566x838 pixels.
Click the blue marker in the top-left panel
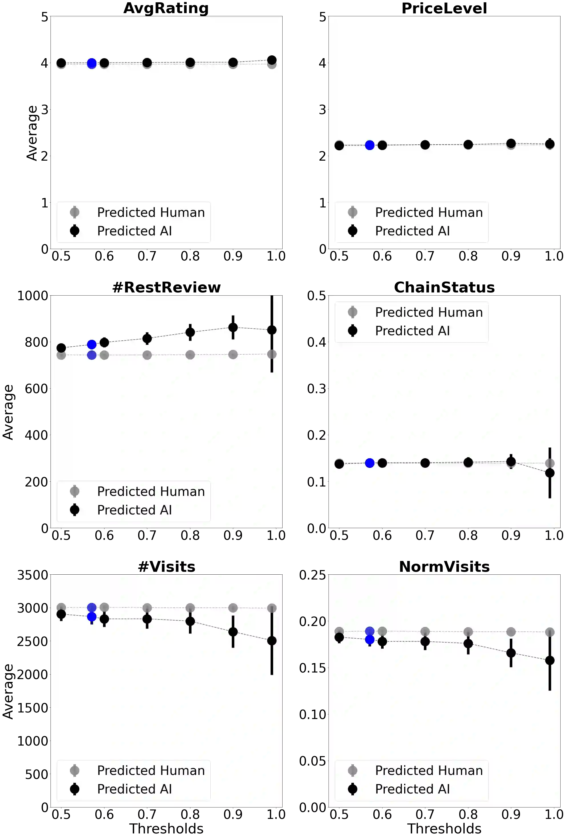(x=92, y=63)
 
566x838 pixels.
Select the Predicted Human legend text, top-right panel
(x=428, y=212)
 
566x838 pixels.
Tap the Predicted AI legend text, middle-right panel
(x=412, y=331)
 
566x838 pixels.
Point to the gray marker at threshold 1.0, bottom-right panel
(x=549, y=632)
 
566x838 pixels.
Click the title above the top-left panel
(x=167, y=8)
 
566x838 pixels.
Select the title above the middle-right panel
(x=444, y=287)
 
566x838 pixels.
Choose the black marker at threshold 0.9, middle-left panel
(x=233, y=328)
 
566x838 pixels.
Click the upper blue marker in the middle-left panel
(x=92, y=344)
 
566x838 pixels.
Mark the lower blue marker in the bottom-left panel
(x=92, y=617)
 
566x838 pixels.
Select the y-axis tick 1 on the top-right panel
(x=323, y=202)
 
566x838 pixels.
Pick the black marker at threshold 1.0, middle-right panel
(x=549, y=473)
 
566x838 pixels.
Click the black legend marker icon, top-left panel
(x=75, y=231)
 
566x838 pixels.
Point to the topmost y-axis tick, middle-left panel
(x=33, y=296)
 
